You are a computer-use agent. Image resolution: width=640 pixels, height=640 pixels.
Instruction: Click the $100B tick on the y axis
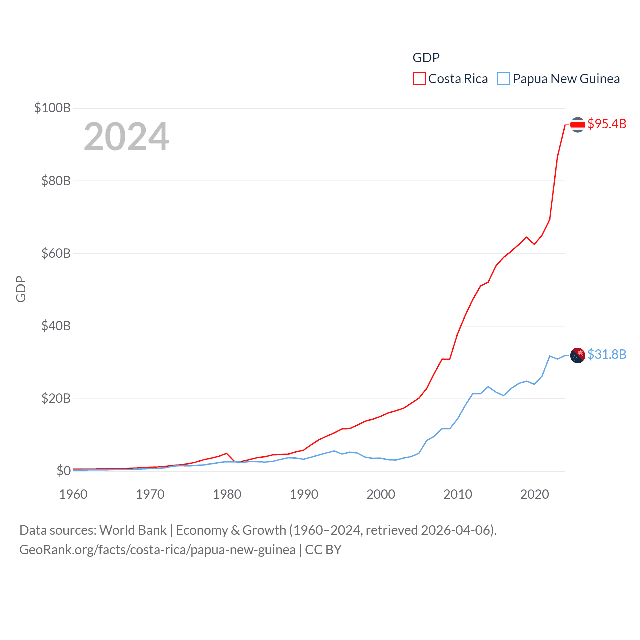tap(52, 108)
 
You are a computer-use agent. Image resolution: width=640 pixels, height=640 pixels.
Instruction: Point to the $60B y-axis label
tap(56, 253)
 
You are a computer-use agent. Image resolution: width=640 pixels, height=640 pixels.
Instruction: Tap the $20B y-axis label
tap(56, 398)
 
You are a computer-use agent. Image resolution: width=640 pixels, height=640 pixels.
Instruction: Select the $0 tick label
tap(63, 471)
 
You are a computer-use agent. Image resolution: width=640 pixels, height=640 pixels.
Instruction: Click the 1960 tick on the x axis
tap(73, 494)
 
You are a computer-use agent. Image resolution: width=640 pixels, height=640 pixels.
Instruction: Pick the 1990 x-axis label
tap(304, 494)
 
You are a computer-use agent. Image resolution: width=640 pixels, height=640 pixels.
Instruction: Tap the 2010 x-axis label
tap(458, 494)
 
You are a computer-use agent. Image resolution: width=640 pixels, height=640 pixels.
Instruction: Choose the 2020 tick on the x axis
tap(535, 494)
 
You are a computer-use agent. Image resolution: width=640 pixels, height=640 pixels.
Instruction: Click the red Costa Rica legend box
tap(419, 79)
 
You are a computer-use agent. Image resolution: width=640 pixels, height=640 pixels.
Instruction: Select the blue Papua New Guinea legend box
tap(504, 79)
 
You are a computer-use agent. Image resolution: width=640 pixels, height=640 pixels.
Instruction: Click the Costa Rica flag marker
tap(577, 125)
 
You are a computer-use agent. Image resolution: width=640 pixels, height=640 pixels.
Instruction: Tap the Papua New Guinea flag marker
tap(577, 355)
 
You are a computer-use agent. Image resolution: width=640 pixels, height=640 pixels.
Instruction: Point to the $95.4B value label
tap(607, 124)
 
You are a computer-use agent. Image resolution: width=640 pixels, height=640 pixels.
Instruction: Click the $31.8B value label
tap(607, 354)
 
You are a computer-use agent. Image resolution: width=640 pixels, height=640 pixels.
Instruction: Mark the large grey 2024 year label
tap(126, 137)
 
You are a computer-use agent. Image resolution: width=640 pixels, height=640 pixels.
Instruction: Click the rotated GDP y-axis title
tap(21, 289)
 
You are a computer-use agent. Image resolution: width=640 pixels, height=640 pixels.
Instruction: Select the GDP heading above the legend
tap(426, 58)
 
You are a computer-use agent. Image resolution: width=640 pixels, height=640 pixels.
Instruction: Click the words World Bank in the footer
tap(133, 530)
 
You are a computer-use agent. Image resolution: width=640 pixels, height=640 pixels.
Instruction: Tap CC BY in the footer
tap(323, 550)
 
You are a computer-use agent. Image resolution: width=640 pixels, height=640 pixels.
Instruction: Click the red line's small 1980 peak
tap(227, 453)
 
